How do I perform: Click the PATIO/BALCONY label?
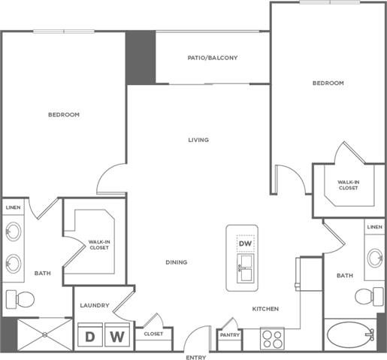(213, 57)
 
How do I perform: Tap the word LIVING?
(198, 140)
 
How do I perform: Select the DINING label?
(177, 262)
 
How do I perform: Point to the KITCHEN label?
(266, 309)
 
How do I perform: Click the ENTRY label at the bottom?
(195, 357)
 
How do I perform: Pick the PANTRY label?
(229, 336)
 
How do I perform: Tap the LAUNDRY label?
(95, 305)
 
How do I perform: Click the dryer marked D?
(90, 336)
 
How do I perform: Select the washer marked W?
(116, 336)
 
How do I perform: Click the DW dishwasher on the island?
(245, 244)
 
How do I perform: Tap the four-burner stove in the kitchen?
(271, 337)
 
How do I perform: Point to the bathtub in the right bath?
(350, 335)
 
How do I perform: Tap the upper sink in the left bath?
(14, 231)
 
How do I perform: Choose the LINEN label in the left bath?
(14, 207)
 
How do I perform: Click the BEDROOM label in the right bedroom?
(328, 83)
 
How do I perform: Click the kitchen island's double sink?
(245, 264)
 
